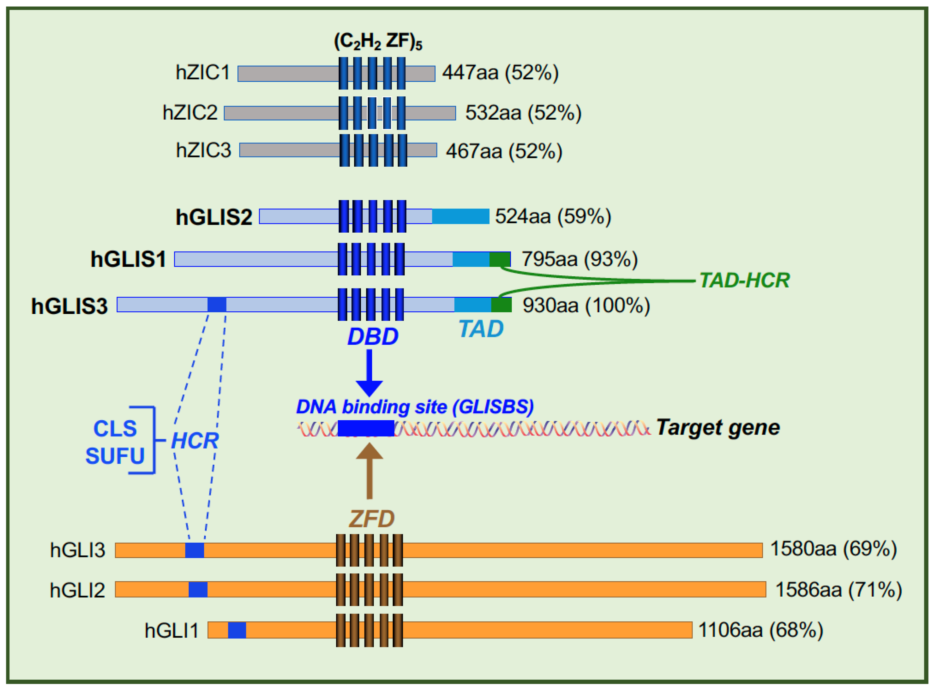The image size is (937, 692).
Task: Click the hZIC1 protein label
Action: [203, 73]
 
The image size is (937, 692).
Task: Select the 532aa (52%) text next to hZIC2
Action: [523, 113]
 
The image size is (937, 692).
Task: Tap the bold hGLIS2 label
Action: [214, 217]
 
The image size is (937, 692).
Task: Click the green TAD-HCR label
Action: [744, 280]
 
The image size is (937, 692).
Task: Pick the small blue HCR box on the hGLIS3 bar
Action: [217, 305]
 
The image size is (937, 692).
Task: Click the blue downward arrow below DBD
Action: [369, 373]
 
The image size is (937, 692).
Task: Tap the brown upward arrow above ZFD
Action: [369, 471]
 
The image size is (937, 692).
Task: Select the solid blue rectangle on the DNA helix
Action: [366, 428]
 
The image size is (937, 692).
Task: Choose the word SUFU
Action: [115, 456]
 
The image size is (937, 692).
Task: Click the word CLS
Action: [115, 429]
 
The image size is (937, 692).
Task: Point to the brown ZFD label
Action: [371, 519]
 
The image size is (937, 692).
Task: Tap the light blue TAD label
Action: [481, 329]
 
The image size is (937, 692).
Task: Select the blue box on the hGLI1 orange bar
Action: [237, 630]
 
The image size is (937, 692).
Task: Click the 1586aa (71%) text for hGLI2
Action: [838, 590]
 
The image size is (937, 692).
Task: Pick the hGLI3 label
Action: [77, 550]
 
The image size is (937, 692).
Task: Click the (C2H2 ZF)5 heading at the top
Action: [378, 41]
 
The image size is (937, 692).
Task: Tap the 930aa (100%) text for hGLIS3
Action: [586, 305]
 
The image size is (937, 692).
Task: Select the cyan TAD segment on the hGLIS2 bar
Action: [460, 217]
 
